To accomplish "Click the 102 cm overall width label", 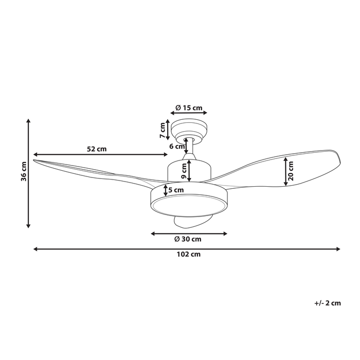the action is click(x=189, y=255).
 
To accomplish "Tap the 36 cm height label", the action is click(x=24, y=171).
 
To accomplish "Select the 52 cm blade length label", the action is click(x=97, y=149).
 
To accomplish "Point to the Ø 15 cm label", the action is click(x=189, y=107).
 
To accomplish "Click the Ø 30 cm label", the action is click(x=188, y=239).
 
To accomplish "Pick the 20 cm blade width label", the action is click(x=291, y=171).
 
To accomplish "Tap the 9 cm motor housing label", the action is click(x=184, y=171).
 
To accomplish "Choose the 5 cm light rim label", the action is click(x=176, y=190).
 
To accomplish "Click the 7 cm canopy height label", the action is click(x=163, y=130).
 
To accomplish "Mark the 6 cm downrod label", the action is click(x=177, y=147).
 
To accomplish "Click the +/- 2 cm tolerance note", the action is click(x=328, y=303).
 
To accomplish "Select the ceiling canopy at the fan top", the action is click(x=189, y=131).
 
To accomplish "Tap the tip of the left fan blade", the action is click(x=34, y=160).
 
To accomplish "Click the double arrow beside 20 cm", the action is click(x=285, y=171).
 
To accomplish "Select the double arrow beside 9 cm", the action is click(x=189, y=171).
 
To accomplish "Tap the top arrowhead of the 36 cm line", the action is click(x=28, y=121).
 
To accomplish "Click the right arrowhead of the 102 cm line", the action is click(x=338, y=249).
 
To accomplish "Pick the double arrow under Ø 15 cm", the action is click(x=189, y=113).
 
